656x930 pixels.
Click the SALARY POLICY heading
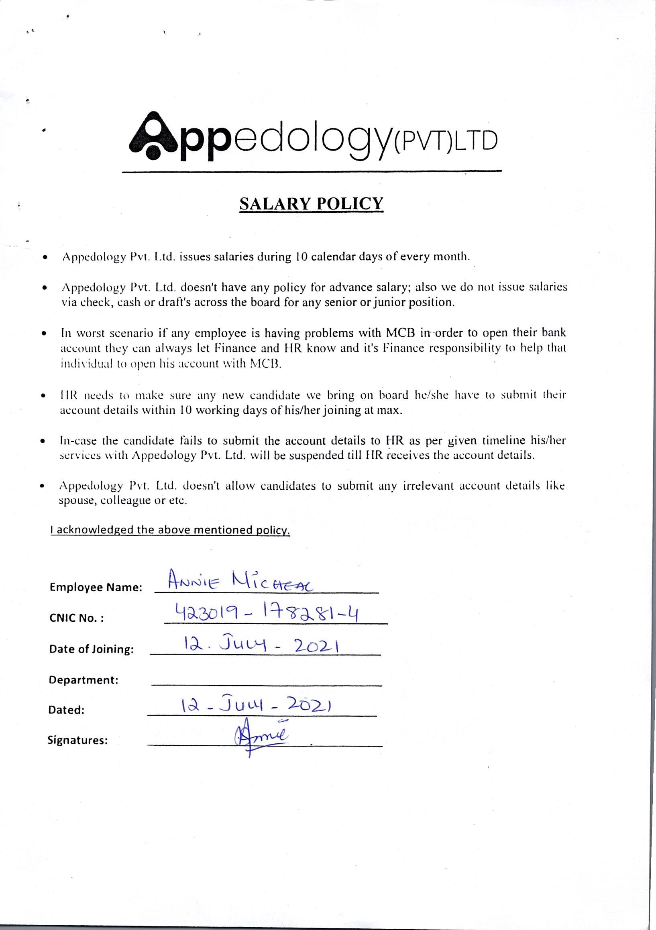(311, 204)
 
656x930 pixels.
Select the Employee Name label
(96, 587)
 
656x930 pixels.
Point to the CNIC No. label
(77, 619)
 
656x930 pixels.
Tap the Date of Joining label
(91, 649)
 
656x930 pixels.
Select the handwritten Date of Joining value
(261, 643)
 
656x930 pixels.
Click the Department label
(84, 680)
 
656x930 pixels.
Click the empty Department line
(266, 684)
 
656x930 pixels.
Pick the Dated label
(66, 710)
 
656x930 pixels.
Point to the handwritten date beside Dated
(257, 705)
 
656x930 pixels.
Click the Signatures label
(78, 741)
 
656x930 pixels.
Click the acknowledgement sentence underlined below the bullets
(170, 530)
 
